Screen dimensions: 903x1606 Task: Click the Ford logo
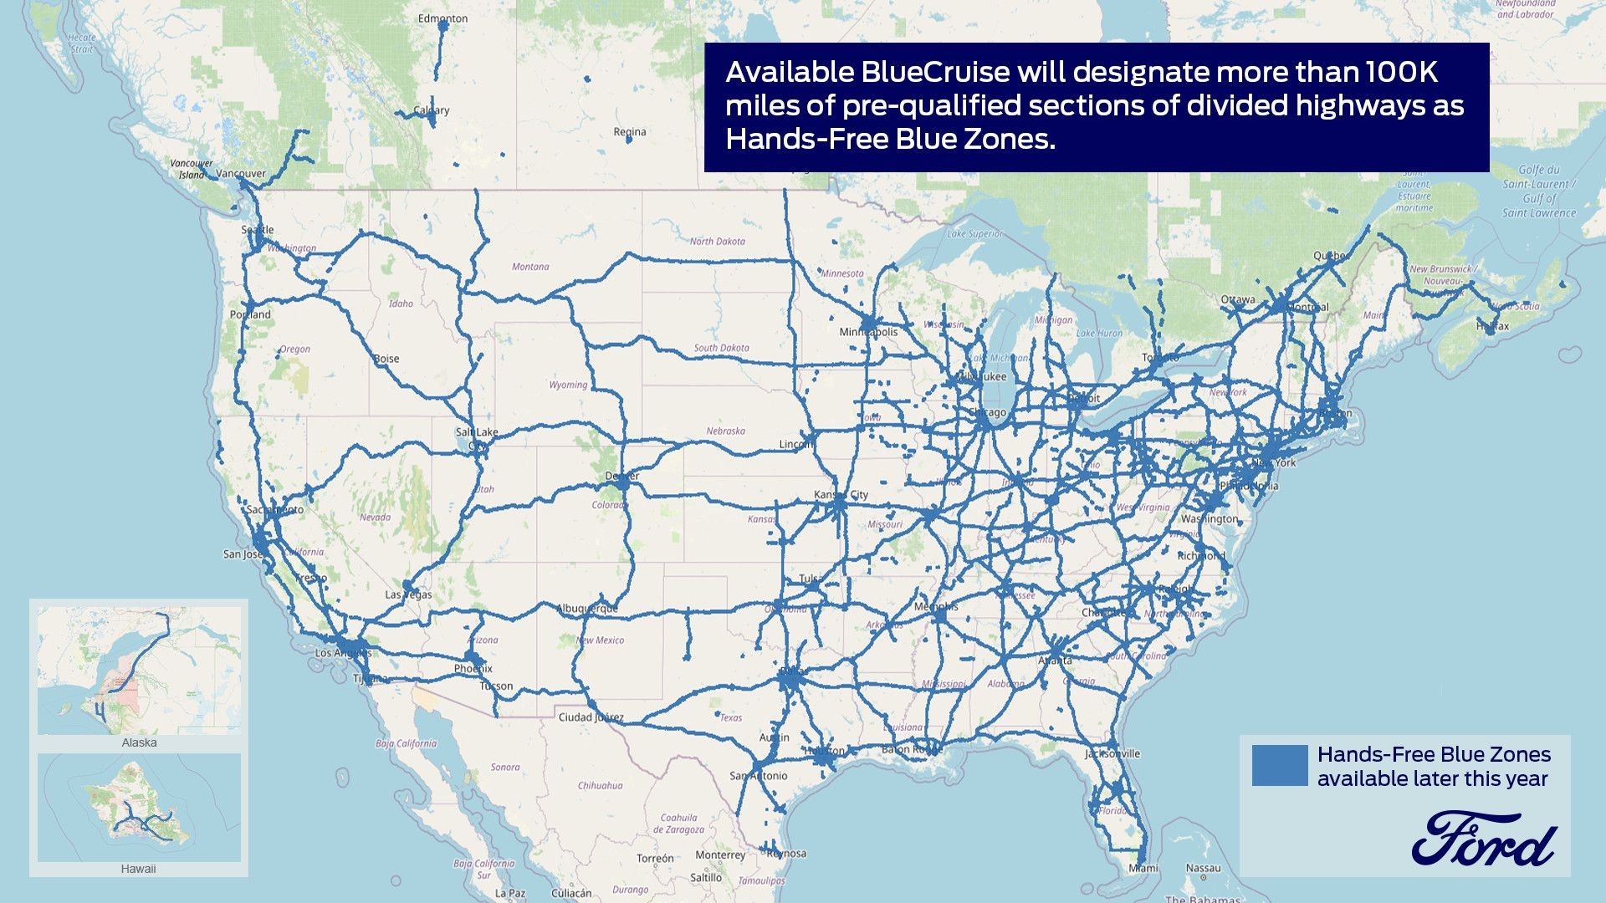[1484, 839]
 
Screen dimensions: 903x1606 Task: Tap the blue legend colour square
[1279, 765]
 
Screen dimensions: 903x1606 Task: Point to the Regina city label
[629, 132]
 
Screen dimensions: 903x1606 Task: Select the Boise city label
[386, 359]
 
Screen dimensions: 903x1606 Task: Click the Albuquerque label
[588, 609]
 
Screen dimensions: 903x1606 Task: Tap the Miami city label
[1143, 868]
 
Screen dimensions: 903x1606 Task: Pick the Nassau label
[1203, 868]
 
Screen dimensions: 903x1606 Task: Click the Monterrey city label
[719, 855]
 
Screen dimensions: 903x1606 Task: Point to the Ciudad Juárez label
[591, 717]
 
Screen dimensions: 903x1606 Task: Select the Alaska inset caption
[139, 742]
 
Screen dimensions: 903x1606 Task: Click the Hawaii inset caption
[138, 869]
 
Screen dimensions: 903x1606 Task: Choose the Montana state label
[530, 267]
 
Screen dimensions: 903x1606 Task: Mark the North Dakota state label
[717, 242]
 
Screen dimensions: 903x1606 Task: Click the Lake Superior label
[974, 234]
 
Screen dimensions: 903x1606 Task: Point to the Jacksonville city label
[1112, 753]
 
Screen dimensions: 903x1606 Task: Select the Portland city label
[250, 315]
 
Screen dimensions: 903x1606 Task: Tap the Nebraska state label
[725, 431]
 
